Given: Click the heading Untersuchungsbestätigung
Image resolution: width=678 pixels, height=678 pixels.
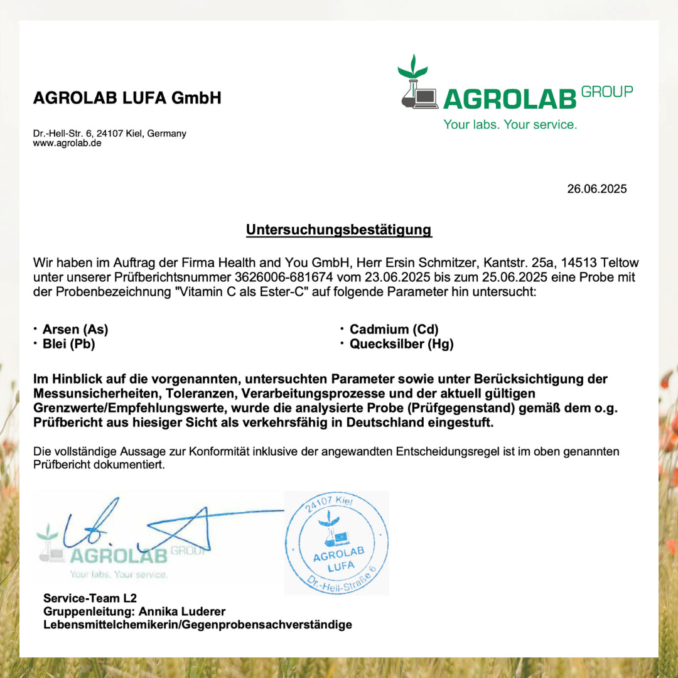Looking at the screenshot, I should [x=338, y=230].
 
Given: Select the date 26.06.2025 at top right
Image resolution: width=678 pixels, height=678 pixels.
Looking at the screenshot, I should [x=596, y=189].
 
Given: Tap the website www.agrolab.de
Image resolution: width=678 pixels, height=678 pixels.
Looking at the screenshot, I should [x=67, y=143].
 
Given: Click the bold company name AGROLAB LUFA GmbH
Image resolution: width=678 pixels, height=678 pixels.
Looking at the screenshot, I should [x=127, y=98].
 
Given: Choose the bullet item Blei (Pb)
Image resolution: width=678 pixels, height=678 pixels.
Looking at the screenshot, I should [x=69, y=344].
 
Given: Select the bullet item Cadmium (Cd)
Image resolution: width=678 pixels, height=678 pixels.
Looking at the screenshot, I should [x=394, y=330].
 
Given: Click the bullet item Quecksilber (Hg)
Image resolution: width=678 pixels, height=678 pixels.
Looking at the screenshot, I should [x=401, y=344].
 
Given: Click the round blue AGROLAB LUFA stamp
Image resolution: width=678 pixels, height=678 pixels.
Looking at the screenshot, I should [x=338, y=543].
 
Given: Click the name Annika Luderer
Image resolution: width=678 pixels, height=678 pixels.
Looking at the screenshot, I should [x=181, y=611].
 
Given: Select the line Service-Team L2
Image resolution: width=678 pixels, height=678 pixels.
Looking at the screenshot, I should [x=90, y=598].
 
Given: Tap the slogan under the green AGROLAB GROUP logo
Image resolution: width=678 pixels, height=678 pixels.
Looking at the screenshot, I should [x=510, y=125].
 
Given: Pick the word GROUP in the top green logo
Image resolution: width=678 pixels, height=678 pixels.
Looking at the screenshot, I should [x=607, y=92].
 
